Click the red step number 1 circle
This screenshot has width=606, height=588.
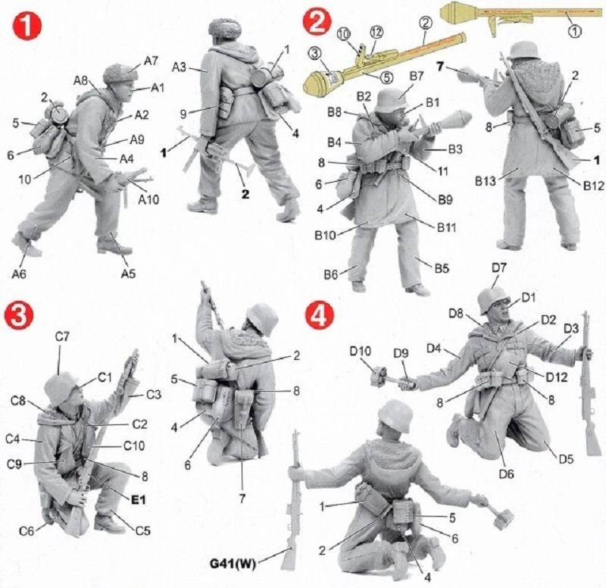coord(27,26)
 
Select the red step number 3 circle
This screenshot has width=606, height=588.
coord(19,315)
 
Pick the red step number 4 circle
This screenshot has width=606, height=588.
coord(319,315)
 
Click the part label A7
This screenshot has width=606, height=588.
coord(151,61)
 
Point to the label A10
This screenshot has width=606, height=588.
coord(148,199)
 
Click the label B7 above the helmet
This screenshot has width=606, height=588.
coord(416,77)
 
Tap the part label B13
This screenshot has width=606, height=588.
coord(486,180)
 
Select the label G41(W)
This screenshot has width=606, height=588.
coord(233,564)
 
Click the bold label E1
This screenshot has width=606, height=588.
coord(138,500)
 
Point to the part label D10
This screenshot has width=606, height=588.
coord(361,351)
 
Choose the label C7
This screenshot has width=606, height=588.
coord(62,336)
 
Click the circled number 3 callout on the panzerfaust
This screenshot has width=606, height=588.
coord(315,53)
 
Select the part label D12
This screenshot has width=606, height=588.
coord(556,377)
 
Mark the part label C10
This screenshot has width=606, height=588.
coord(134,446)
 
